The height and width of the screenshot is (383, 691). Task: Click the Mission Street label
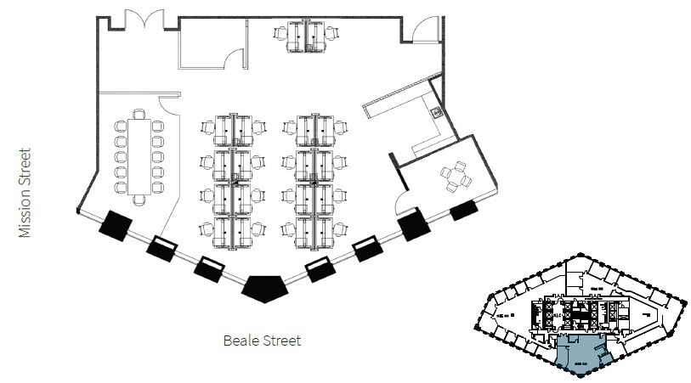click(25, 193)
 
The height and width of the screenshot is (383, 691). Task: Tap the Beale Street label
click(262, 341)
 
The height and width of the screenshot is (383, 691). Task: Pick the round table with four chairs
click(457, 177)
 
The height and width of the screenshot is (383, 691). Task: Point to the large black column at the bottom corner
click(264, 287)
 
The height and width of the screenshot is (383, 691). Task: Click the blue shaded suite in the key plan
click(581, 352)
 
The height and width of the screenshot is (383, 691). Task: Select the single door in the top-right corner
click(423, 31)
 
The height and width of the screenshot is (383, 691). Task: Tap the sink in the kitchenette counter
click(436, 112)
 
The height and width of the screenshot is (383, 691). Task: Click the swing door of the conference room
click(168, 104)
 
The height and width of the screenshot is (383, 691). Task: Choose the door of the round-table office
click(405, 202)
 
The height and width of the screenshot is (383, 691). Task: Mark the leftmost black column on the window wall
click(115, 224)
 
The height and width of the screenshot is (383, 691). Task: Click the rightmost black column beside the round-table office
click(463, 209)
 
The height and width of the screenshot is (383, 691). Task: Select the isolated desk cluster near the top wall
click(305, 36)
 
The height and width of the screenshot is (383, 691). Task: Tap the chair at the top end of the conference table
click(139, 113)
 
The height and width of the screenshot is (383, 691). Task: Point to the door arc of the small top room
click(233, 58)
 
